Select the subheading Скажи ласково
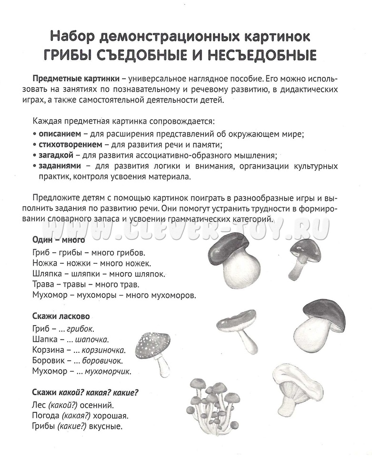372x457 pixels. [x=60, y=316]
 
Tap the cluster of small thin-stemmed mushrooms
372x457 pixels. [x=214, y=400]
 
